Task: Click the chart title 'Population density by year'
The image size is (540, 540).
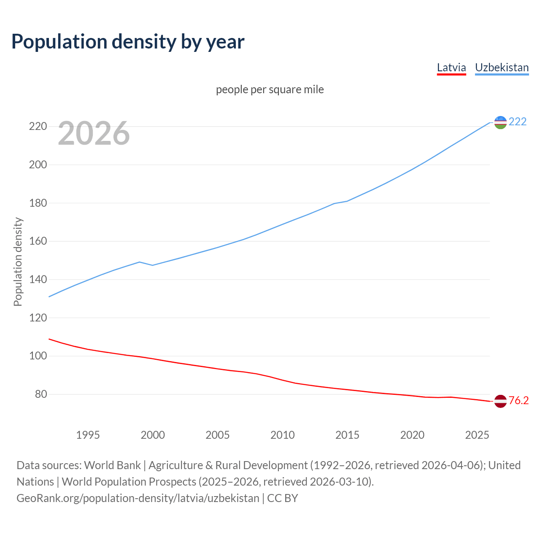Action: [128, 41]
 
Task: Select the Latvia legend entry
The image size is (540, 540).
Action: [451, 67]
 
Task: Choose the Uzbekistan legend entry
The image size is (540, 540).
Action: [502, 67]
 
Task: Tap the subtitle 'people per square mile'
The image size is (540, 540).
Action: [270, 89]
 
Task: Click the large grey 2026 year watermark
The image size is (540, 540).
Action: [94, 133]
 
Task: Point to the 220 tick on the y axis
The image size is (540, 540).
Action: [38, 126]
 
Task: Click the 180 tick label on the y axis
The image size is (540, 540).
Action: [38, 203]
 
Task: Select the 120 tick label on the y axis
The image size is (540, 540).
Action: [38, 318]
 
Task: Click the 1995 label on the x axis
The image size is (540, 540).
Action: [88, 435]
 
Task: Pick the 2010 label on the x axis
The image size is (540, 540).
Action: [282, 435]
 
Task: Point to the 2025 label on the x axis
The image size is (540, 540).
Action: [477, 435]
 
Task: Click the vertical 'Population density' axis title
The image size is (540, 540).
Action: [18, 262]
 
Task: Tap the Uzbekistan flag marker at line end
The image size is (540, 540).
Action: [500, 122]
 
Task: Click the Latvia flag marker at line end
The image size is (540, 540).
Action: [500, 401]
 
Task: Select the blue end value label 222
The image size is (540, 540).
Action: [518, 121]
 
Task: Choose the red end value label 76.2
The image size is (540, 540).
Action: [518, 400]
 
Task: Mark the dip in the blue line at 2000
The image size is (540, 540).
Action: [153, 265]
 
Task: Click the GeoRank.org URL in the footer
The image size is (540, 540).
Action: [138, 498]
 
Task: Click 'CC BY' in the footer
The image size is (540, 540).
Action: [283, 498]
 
